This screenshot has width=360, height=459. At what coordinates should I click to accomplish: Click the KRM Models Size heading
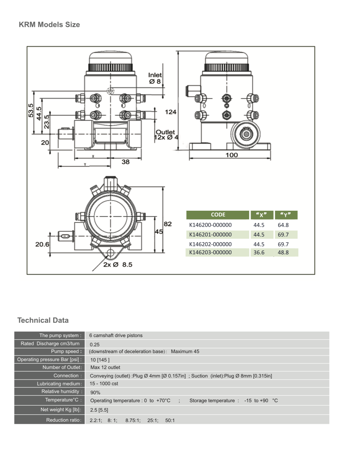[x=49, y=24]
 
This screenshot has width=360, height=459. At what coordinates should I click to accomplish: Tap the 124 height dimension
[x=170, y=112]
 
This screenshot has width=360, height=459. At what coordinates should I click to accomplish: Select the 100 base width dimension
[x=232, y=155]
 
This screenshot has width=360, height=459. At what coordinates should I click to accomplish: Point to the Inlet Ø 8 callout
[x=155, y=78]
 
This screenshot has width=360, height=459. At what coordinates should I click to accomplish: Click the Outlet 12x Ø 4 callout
[x=166, y=135]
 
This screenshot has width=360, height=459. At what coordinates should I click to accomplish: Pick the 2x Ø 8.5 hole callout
[x=118, y=265]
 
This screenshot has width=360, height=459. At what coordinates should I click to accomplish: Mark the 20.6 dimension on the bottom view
[x=42, y=244]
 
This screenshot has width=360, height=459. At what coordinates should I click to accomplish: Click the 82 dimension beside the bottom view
[x=168, y=224]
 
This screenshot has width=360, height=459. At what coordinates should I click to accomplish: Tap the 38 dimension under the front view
[x=125, y=162]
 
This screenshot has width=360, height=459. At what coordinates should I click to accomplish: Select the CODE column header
[x=218, y=215]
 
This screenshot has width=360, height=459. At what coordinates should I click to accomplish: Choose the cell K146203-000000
[x=210, y=253]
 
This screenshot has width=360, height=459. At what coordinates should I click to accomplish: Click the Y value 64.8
[x=283, y=225]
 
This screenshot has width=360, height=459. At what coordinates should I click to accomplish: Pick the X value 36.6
[x=259, y=253]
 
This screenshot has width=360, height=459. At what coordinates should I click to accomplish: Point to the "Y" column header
[x=286, y=215]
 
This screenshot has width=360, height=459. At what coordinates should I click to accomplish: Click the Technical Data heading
[x=43, y=320]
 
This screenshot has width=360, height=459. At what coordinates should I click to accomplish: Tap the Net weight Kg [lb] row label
[x=61, y=410]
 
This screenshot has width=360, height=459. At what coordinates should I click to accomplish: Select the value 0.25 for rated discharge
[x=95, y=344]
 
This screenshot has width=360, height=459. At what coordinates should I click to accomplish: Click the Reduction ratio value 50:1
[x=170, y=420]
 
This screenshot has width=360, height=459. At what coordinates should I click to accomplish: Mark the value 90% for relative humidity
[x=95, y=393]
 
